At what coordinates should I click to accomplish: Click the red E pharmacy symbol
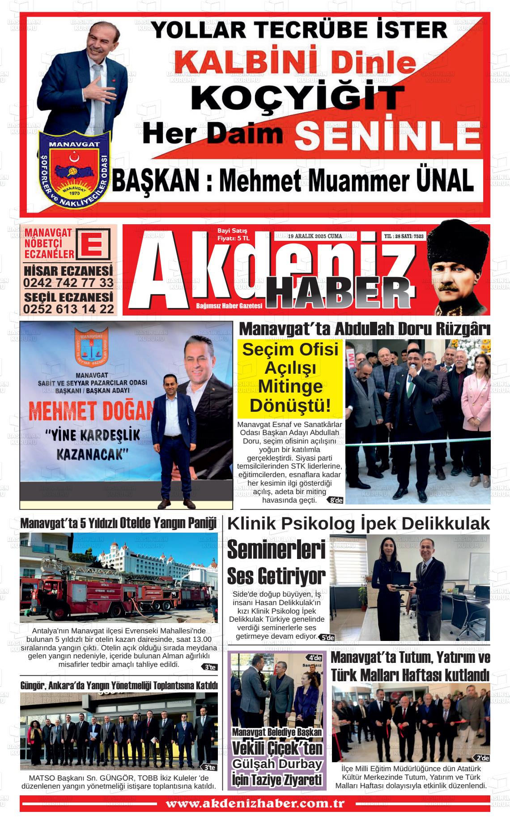tap(93, 244)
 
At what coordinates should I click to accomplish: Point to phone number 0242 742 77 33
tap(68, 282)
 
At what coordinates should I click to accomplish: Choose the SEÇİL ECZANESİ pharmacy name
tap(68, 297)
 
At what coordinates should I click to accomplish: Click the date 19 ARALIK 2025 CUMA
tap(315, 236)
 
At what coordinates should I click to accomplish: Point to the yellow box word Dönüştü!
tap(290, 405)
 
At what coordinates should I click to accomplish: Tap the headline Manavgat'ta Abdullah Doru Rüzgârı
tap(365, 329)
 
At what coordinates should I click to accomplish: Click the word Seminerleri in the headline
tap(276, 550)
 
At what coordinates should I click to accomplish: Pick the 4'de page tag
tap(315, 658)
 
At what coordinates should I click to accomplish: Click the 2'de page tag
tap(482, 758)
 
